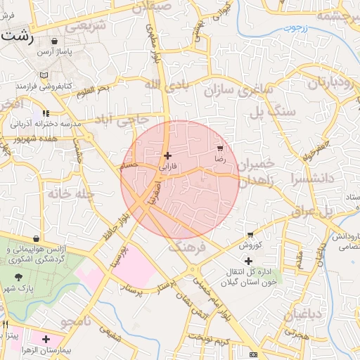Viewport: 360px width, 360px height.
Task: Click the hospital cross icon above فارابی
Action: point(167,155)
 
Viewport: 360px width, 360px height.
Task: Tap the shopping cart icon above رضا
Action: point(221,148)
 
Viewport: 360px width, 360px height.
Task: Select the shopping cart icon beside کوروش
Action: point(250,235)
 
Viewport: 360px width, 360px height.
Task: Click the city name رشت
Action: point(16,37)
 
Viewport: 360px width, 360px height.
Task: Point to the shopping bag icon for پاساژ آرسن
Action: point(55,41)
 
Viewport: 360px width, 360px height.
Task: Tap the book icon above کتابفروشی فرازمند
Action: point(45,75)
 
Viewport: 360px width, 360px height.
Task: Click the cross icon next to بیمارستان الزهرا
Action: point(46,340)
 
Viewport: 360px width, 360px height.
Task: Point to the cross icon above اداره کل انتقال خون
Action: point(248,261)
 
